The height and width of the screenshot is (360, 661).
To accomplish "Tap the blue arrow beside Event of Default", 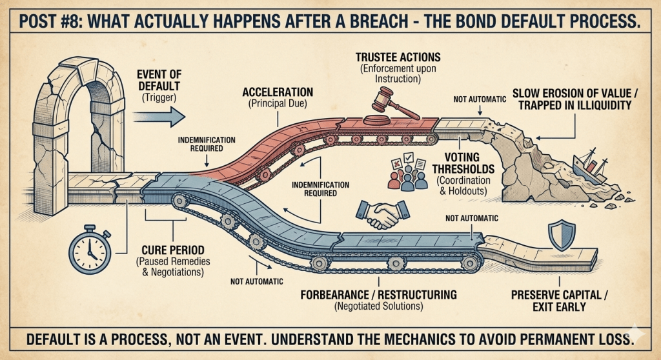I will [158, 117].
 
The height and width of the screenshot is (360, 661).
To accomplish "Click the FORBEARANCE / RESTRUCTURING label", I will [379, 294].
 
